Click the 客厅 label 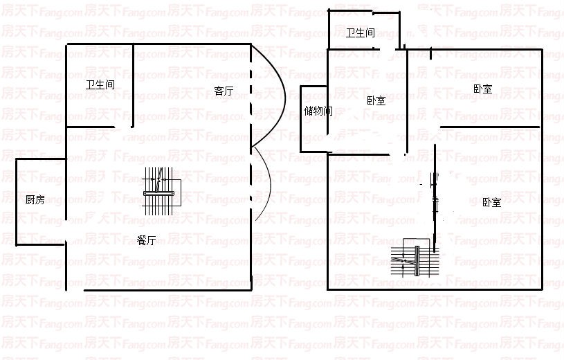pyautogui.click(x=224, y=91)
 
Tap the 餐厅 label pyautogui.click(x=146, y=240)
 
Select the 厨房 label pyautogui.click(x=35, y=200)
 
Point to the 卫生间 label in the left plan pyautogui.click(x=100, y=85)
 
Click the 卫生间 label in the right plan pyautogui.click(x=361, y=33)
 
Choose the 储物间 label pyautogui.click(x=318, y=111)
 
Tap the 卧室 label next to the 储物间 pyautogui.click(x=376, y=100)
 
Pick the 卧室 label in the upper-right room pyautogui.click(x=482, y=89)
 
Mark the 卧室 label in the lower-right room pyautogui.click(x=491, y=202)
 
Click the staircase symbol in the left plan pyautogui.click(x=162, y=188)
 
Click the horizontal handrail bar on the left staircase pyautogui.click(x=159, y=192)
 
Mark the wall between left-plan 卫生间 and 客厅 pyautogui.click(x=133, y=87)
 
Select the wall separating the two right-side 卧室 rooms pyautogui.click(x=490, y=128)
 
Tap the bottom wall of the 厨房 pyautogui.click(x=40, y=244)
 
